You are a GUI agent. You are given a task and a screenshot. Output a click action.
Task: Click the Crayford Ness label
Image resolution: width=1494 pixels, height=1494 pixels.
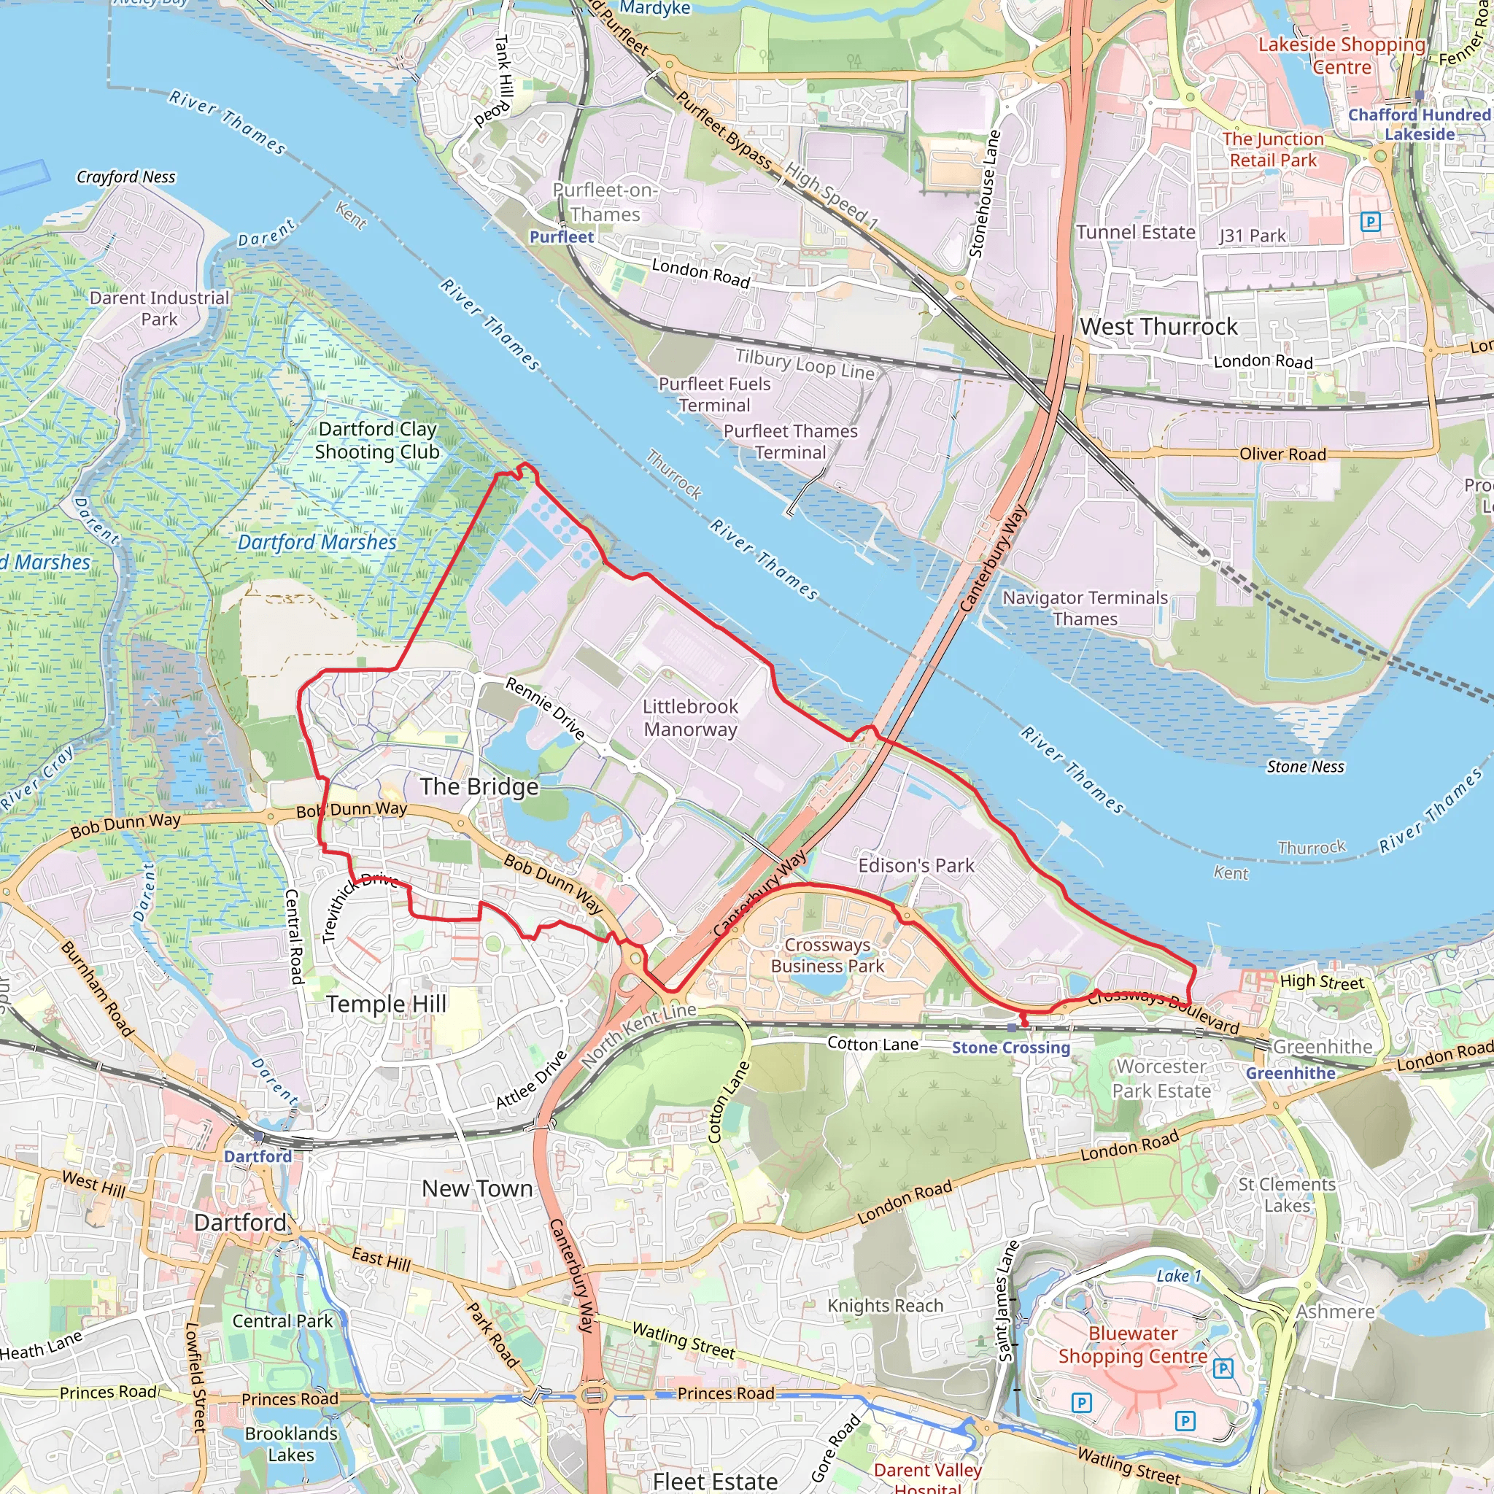[x=126, y=177]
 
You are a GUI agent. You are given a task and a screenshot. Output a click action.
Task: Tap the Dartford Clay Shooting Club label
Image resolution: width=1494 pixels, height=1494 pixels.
[x=377, y=440]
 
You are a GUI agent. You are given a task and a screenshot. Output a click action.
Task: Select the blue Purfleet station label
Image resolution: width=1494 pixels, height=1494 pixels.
[x=562, y=237]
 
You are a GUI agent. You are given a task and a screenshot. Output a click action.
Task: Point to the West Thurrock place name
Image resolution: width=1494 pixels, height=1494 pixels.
[x=1158, y=326]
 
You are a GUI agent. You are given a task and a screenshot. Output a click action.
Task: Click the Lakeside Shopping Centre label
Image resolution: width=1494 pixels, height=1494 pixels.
[x=1342, y=55]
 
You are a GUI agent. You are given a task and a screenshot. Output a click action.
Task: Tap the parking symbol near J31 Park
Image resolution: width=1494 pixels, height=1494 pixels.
[x=1370, y=222]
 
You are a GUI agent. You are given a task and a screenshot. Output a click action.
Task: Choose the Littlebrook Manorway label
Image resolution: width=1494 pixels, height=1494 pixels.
[x=691, y=718]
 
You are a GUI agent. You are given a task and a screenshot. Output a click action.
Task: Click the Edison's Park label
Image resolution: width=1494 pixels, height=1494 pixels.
[x=916, y=865]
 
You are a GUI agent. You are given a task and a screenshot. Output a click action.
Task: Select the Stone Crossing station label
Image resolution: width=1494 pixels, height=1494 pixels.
[x=1010, y=1047]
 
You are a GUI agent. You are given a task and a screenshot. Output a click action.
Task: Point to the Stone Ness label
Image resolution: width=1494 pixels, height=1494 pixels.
[x=1305, y=767]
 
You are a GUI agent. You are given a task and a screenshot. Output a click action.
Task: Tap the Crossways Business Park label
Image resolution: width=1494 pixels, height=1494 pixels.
[x=827, y=955]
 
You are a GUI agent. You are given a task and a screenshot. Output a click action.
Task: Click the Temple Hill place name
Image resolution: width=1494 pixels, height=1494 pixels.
[x=386, y=1004]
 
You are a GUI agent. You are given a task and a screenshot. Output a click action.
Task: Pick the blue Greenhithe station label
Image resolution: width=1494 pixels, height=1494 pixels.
[x=1290, y=1073]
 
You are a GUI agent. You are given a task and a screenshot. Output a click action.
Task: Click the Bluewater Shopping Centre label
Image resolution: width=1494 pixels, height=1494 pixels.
[x=1133, y=1344]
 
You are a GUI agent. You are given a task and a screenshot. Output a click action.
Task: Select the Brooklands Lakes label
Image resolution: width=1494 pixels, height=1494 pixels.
[x=291, y=1444]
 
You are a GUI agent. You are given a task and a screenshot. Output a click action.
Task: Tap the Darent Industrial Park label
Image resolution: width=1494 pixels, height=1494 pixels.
[x=159, y=309]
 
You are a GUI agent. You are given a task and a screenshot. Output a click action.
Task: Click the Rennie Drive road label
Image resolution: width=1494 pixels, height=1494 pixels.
[x=545, y=708]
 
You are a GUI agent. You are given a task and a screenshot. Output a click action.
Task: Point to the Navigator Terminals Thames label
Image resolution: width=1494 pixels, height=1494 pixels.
[x=1085, y=608]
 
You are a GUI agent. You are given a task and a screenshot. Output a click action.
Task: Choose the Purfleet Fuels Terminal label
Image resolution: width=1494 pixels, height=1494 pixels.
[x=713, y=395]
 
